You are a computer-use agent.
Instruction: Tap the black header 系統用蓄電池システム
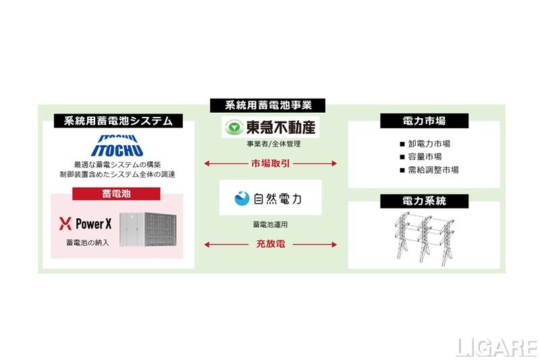click(118, 122)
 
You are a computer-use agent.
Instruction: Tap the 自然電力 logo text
click(277, 199)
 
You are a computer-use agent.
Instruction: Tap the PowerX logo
click(86, 224)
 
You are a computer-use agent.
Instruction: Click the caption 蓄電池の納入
click(86, 242)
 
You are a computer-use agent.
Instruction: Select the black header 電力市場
click(423, 122)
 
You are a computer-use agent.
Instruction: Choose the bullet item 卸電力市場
click(429, 144)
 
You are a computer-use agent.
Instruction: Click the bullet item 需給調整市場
click(433, 170)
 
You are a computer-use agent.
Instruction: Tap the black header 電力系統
click(423, 201)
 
